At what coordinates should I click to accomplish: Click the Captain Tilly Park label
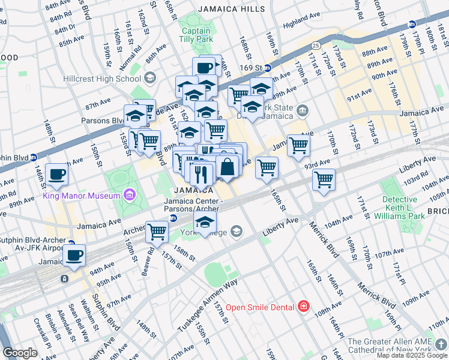pyautogui.click(x=196, y=35)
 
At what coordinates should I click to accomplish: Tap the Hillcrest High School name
pyautogui.click(x=111, y=79)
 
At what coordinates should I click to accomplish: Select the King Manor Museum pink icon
pyautogui.click(x=129, y=194)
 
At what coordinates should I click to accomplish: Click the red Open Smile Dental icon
pyautogui.click(x=304, y=307)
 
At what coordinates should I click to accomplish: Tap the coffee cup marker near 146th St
pyautogui.click(x=57, y=175)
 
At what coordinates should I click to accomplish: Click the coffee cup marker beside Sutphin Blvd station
pyautogui.click(x=74, y=255)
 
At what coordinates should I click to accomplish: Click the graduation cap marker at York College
pyautogui.click(x=205, y=222)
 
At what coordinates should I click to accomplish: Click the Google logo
pyautogui.click(x=20, y=353)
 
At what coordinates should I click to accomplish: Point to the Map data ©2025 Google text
pyautogui.click(x=412, y=355)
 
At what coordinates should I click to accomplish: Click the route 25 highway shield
pyautogui.click(x=316, y=45)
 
